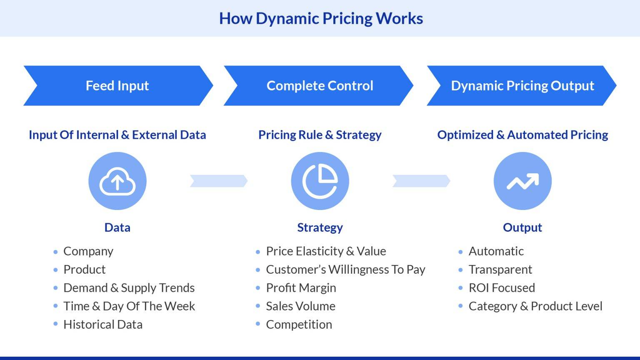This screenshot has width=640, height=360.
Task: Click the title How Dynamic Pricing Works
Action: coord(321,18)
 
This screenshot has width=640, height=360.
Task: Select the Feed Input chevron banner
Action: coord(117,85)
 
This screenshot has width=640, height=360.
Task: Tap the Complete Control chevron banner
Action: coord(319,85)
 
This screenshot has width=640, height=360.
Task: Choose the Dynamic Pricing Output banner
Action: coord(522,85)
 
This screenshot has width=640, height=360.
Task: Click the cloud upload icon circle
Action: coord(117,181)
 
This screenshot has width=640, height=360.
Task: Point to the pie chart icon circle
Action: coord(320,181)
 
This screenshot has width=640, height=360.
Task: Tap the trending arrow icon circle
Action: coord(522,181)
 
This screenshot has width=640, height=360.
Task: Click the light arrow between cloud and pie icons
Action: coord(219,181)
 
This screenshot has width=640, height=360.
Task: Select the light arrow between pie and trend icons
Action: coord(421,181)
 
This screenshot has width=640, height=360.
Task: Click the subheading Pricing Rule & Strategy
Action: coord(320,135)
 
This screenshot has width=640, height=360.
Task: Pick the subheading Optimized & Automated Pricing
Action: coord(522,135)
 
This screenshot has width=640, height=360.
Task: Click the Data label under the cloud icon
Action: coord(117,227)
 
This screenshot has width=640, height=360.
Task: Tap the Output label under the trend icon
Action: coord(522,227)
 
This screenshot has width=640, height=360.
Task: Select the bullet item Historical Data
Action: coord(103,324)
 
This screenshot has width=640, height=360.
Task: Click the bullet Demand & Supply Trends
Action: coord(129,287)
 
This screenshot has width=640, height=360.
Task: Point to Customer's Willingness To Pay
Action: coord(345,270)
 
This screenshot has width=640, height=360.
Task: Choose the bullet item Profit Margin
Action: coord(301,287)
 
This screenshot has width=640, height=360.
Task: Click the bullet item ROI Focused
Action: coord(502,287)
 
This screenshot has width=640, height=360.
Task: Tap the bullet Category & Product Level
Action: coord(535,306)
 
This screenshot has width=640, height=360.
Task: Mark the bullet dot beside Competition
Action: coord(258,324)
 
